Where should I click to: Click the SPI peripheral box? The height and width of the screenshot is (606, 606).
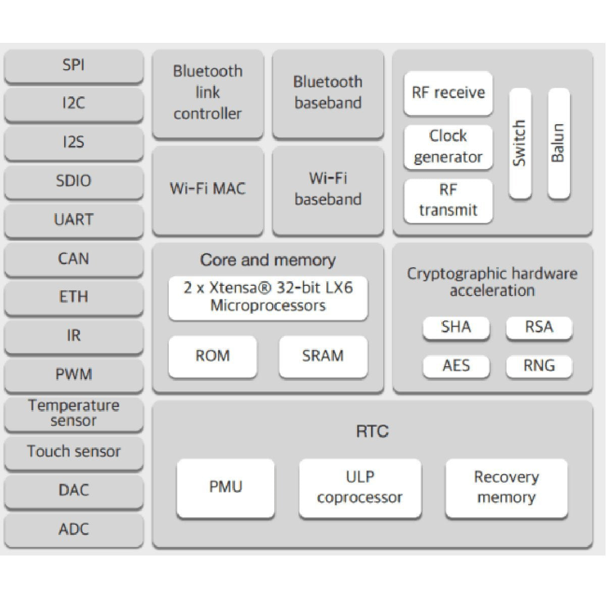point(74,65)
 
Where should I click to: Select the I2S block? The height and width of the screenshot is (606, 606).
point(74,142)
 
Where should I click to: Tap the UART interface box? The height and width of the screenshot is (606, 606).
point(74,220)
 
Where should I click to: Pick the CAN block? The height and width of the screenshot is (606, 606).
point(74,259)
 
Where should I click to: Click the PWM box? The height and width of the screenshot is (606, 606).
point(74,375)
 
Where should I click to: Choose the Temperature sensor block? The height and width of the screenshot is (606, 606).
point(74,413)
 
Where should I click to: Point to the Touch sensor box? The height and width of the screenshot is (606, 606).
point(74,451)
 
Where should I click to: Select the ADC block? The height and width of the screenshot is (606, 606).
point(74,529)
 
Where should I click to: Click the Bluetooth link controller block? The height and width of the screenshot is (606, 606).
point(208,92)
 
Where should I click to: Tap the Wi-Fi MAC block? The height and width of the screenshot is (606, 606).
point(208,189)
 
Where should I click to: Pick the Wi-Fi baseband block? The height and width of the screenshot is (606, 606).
point(328,189)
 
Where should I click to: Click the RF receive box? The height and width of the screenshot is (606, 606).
point(448,92)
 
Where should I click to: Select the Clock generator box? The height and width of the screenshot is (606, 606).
point(448,146)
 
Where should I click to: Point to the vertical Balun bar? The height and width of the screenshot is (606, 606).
point(559,143)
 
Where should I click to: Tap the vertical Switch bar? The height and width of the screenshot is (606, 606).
point(520,143)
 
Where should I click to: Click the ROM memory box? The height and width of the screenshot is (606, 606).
point(213,356)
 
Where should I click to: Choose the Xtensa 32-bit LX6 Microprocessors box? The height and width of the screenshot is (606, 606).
point(268,297)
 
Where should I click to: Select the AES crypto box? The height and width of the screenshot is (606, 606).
point(456,366)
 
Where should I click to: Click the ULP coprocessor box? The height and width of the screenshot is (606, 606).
point(360,487)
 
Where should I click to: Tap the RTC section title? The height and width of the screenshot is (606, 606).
point(372,432)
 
